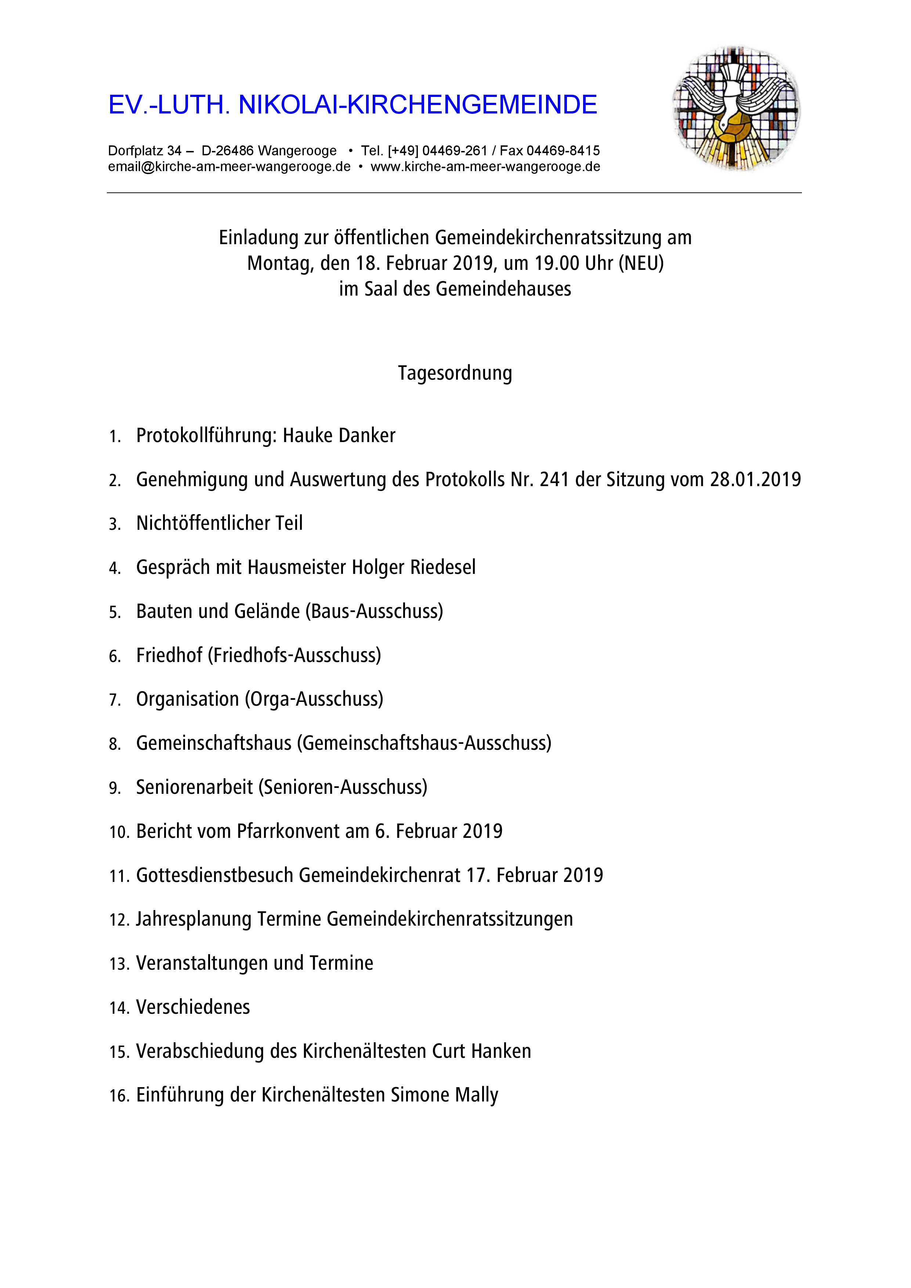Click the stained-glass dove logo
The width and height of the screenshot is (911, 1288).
point(737,108)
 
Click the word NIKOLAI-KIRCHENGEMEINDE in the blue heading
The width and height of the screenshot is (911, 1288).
point(418,105)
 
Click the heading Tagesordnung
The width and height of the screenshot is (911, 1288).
point(455,373)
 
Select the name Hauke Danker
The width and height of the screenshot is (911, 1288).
point(339,435)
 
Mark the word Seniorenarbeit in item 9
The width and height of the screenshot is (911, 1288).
point(194,787)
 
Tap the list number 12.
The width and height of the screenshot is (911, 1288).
point(119,920)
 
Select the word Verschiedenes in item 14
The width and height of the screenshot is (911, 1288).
point(193,1007)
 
